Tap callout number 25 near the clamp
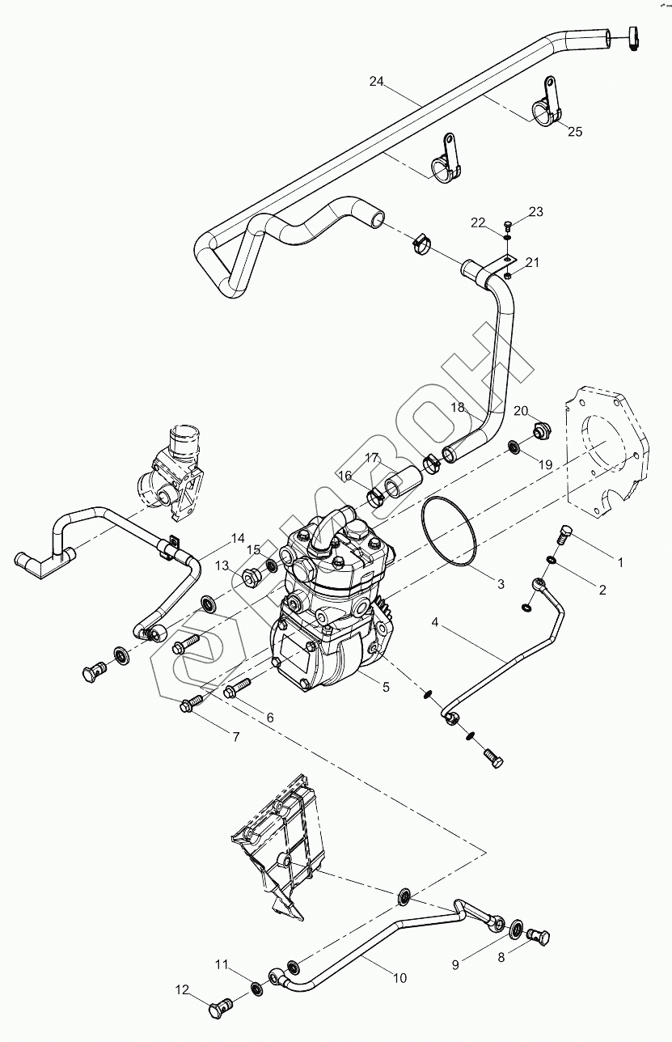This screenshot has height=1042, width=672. coord(574,131)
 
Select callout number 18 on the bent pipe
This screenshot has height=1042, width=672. coord(458,408)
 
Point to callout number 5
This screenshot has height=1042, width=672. coord(386,687)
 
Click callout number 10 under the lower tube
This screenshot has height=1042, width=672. coord(399,978)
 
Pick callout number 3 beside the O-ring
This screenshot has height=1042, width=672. coord(501,584)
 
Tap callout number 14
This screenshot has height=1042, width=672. coord(237,538)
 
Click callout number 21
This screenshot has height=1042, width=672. coord(531,262)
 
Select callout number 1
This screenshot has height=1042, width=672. coord(620,561)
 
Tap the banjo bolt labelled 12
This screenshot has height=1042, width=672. coord(221,1008)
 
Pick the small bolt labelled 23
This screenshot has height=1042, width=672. coord(507,222)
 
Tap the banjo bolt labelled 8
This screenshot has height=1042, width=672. coord(541,938)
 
